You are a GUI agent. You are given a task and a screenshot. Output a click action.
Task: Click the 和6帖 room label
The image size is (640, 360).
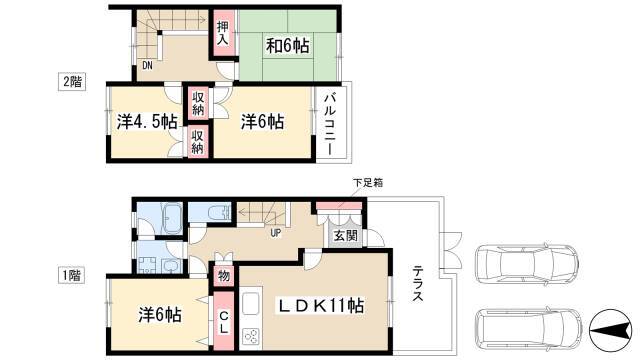point(287,45)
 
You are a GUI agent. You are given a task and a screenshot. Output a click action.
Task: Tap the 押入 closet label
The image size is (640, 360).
point(223,33)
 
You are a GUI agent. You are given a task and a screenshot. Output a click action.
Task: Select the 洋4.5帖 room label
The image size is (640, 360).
point(147,122)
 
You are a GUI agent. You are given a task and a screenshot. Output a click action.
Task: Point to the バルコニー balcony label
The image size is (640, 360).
point(330,124)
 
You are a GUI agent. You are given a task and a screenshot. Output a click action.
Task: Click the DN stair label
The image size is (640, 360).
point(147,65)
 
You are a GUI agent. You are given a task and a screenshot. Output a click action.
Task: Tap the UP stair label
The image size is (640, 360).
point(276,233)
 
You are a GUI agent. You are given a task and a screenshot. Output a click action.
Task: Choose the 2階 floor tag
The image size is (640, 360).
point(72,82)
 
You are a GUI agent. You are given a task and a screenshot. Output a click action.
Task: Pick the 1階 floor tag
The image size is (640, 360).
point(71,276)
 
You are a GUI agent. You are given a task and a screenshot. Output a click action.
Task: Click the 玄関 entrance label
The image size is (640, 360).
point(345,236)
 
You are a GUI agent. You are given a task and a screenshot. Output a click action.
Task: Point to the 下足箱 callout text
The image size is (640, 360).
point(368,182)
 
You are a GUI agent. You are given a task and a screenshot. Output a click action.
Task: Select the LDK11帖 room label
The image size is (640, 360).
point(321,305)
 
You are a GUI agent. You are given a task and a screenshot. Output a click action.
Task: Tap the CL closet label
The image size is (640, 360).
point(223,322)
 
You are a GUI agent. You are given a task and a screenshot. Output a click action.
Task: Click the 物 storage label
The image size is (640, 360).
point(224,276)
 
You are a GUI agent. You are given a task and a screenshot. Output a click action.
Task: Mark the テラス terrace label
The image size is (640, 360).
point(417,283)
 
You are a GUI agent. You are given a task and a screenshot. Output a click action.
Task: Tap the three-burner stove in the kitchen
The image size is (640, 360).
point(250,337)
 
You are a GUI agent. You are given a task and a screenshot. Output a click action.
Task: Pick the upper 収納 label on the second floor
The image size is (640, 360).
point(198,103)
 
